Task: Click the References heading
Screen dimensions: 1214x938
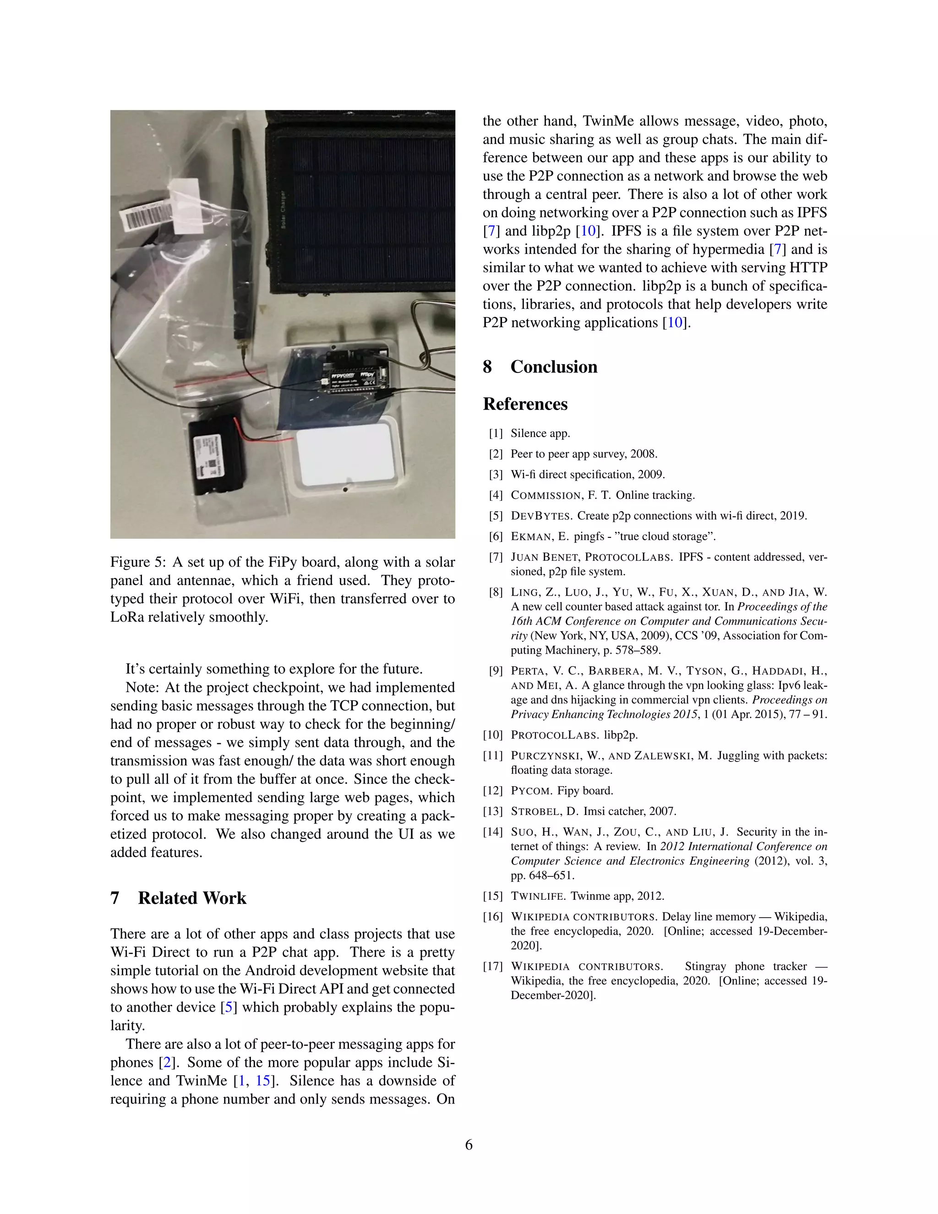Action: (x=525, y=404)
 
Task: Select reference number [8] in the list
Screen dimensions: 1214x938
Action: (x=496, y=592)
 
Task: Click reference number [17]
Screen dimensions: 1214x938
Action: (x=493, y=966)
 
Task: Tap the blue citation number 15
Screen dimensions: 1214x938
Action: (x=262, y=1081)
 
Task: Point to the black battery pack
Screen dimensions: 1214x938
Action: (x=216, y=457)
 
